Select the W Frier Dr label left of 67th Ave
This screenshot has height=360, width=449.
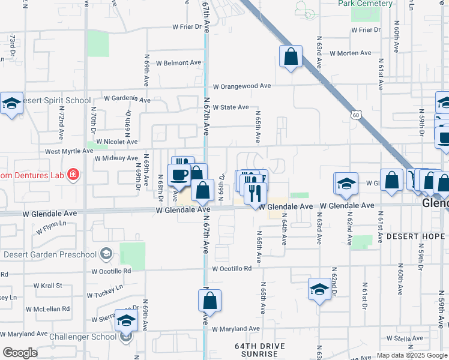click(x=188, y=27)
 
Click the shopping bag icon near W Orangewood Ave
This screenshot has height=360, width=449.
click(x=291, y=58)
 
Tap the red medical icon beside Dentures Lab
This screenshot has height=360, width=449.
click(x=73, y=175)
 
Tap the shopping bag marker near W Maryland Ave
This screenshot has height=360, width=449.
click(x=209, y=301)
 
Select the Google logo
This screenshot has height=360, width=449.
click(x=20, y=352)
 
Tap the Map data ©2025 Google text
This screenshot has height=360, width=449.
click(x=411, y=355)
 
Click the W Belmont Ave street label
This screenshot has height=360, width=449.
click(x=179, y=63)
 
